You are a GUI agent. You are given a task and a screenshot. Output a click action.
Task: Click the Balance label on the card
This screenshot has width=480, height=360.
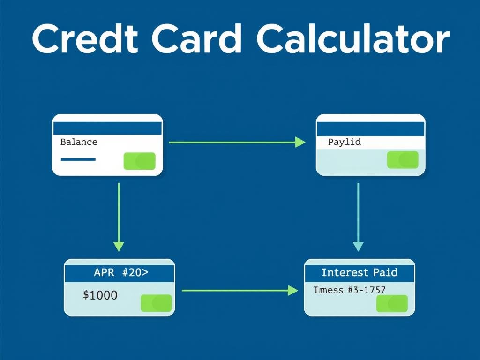pyautogui.click(x=79, y=142)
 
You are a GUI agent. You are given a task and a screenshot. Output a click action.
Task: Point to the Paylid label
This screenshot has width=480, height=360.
pyautogui.click(x=344, y=142)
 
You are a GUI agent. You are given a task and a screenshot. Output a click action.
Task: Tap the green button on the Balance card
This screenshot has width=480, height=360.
pyautogui.click(x=139, y=161)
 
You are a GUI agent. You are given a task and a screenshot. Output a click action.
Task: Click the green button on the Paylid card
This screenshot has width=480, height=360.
pyautogui.click(x=403, y=160)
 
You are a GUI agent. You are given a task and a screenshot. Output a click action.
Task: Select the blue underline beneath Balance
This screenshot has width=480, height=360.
pyautogui.click(x=78, y=159)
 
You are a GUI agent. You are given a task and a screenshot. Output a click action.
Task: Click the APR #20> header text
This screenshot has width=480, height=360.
pyautogui.click(x=121, y=273)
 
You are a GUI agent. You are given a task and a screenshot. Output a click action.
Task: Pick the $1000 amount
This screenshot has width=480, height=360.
pyautogui.click(x=100, y=295)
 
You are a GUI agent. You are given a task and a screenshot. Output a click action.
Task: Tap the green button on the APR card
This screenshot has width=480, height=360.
pyautogui.click(x=157, y=303)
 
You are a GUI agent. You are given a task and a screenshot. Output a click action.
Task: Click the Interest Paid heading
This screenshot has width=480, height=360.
pyautogui.click(x=359, y=272)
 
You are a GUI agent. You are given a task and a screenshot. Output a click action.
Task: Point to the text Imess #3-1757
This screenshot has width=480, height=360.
pyautogui.click(x=349, y=290)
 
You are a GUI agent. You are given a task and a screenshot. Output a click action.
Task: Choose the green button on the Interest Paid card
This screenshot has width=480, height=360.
pyautogui.click(x=392, y=304)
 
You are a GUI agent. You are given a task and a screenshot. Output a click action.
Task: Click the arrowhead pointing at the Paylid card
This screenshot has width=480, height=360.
pyautogui.click(x=300, y=142)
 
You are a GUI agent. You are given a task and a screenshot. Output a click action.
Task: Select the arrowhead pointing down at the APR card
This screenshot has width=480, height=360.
pyautogui.click(x=119, y=246)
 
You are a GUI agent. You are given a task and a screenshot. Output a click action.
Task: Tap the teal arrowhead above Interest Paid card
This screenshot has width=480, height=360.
pyautogui.click(x=358, y=246)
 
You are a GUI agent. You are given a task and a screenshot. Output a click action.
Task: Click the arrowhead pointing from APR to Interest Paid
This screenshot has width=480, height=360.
pyautogui.click(x=292, y=291)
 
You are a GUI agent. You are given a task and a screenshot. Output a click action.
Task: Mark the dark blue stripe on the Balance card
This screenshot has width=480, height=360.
pyautogui.click(x=107, y=128)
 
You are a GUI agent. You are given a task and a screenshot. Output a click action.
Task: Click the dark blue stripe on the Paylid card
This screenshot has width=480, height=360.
pyautogui.click(x=370, y=128)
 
